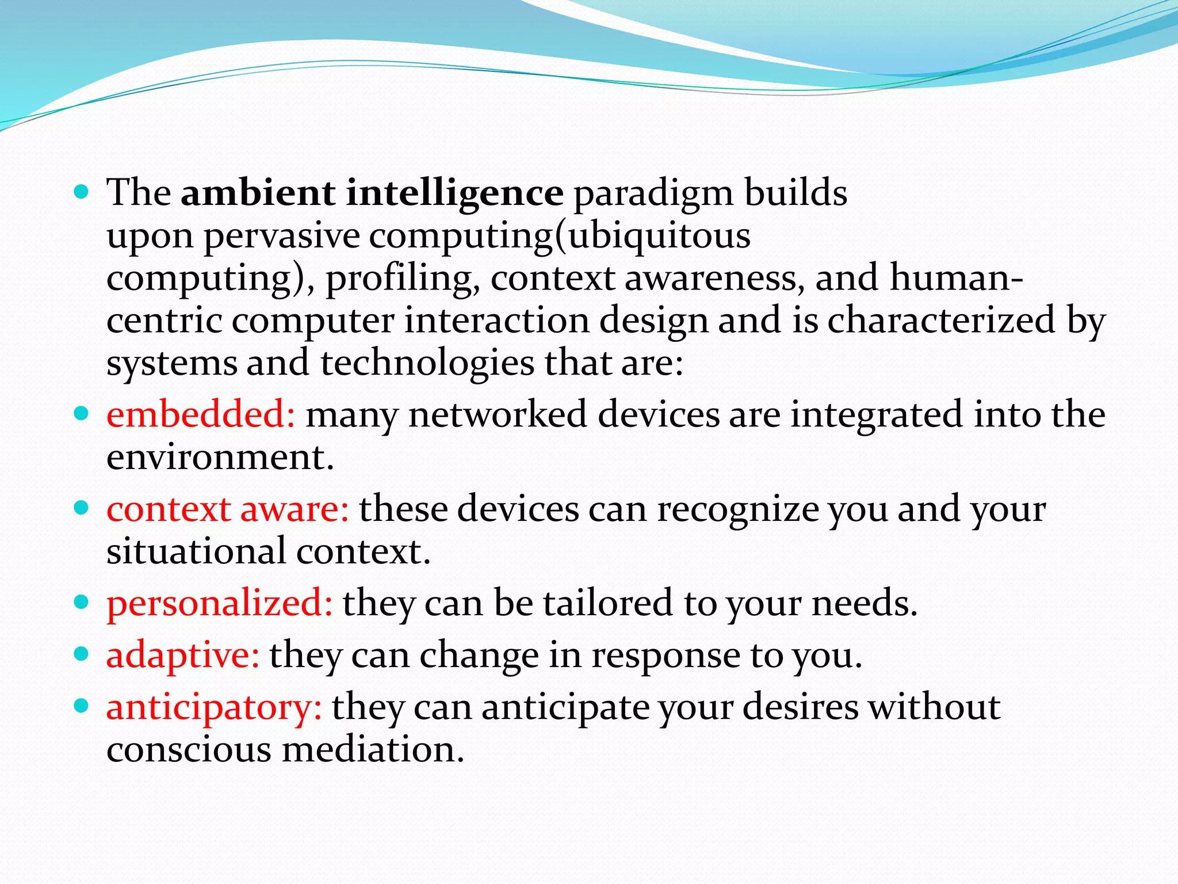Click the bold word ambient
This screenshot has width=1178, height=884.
[258, 193]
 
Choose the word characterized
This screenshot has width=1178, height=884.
[941, 320]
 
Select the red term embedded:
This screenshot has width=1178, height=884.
[201, 414]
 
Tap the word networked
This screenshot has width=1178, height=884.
[498, 414]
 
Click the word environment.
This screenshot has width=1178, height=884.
[220, 457]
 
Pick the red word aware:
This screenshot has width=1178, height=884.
[294, 509]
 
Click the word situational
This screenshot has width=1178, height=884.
[196, 551]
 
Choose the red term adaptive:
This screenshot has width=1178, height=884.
[183, 656]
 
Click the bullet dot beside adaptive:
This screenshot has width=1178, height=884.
[82, 654]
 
